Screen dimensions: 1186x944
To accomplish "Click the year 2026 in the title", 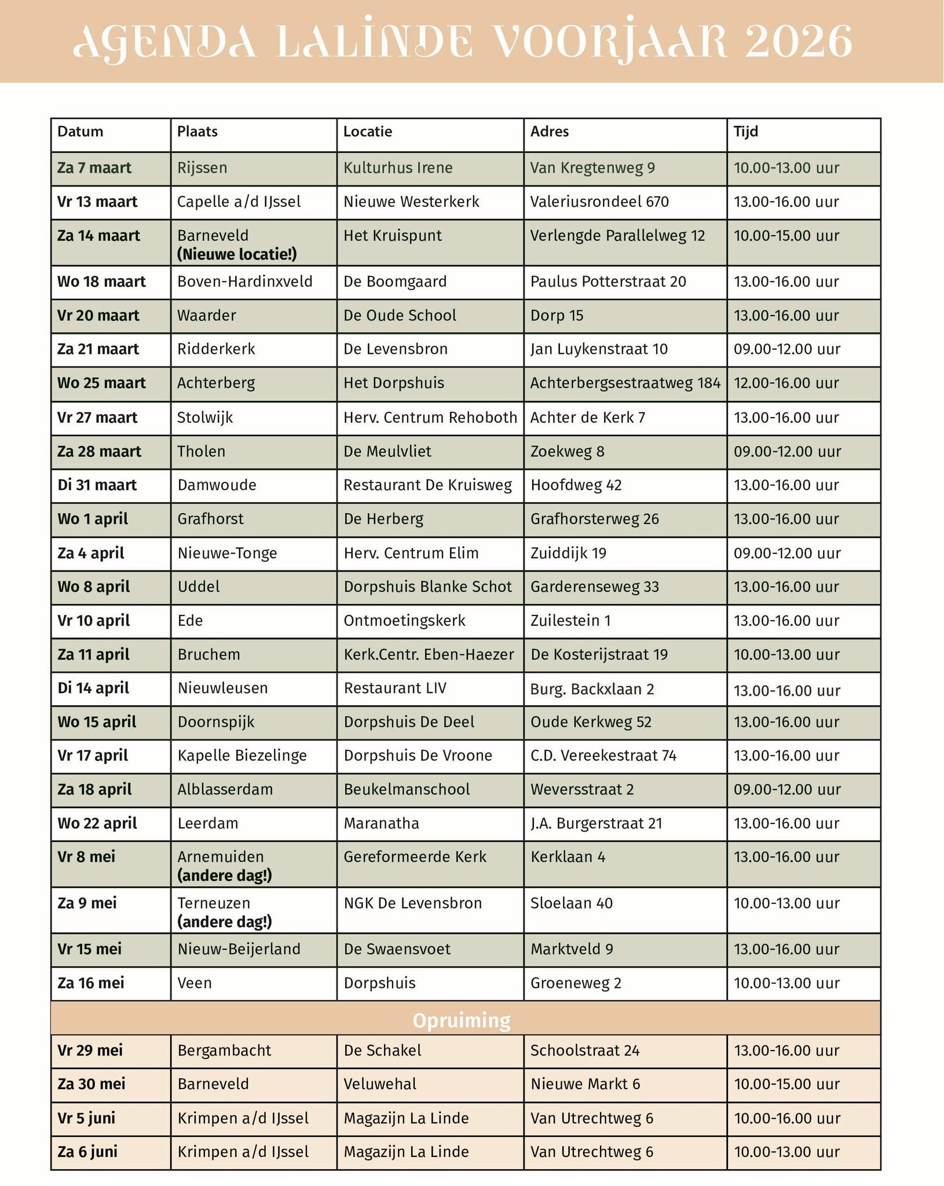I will coord(798,42).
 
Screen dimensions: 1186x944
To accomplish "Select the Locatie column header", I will coord(367,131).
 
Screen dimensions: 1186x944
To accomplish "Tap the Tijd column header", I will coord(745,131).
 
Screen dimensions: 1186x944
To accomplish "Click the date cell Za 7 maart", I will coord(94,168).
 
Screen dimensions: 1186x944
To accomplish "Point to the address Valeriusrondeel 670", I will coord(599,202).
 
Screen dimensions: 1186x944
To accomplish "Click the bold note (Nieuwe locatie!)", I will coord(237,254).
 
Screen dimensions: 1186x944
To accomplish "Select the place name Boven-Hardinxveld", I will coord(244,281).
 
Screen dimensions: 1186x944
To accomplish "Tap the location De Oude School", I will coord(400,316).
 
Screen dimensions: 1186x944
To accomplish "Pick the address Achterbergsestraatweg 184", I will coord(625,383).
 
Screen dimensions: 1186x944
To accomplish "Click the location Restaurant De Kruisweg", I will coord(427,485).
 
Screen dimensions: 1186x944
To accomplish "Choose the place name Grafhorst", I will coord(210,519).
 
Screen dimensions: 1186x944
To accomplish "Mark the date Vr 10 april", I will coord(93,620).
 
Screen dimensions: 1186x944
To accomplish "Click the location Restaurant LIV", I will coord(395,688).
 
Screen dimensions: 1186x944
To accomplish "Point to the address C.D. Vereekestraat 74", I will coord(603,755).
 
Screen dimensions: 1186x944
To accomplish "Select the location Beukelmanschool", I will coord(407,789).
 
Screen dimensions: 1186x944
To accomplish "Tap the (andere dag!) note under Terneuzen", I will coord(224,921).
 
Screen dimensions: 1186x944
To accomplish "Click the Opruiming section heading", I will coord(461,1020).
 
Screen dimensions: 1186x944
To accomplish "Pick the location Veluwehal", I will coord(379,1084).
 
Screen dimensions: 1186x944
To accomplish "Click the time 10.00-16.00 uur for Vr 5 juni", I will coord(786,1118).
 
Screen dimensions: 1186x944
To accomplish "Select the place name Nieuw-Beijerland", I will coord(239,949).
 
